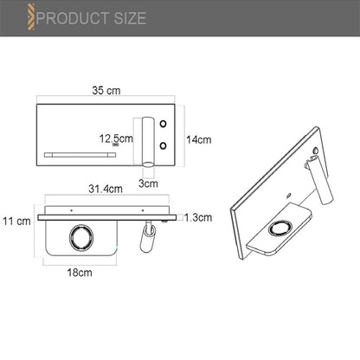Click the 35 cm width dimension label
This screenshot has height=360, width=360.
pos(106,91)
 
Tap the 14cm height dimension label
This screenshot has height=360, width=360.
pos(199,139)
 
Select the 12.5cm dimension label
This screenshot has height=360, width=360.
pos(116,138)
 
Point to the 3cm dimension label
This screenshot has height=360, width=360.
pos(148,183)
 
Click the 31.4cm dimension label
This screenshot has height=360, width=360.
pos(106,189)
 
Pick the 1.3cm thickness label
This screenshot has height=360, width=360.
pos(198,217)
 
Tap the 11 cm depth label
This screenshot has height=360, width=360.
pos(16,222)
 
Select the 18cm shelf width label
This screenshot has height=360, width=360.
pos(80,273)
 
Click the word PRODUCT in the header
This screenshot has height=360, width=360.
pos(73,18)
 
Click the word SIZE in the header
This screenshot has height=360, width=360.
pos(130,18)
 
